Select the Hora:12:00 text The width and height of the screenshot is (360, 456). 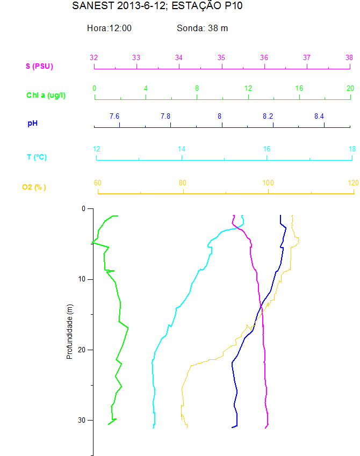pyautogui.click(x=109, y=28)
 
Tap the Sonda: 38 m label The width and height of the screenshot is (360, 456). pyautogui.click(x=202, y=28)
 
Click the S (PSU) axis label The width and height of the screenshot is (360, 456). pyautogui.click(x=39, y=67)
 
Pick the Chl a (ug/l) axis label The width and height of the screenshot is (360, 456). pyautogui.click(x=46, y=95)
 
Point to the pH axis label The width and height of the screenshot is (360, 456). pyautogui.click(x=33, y=124)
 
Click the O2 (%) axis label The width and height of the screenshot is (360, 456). pyautogui.click(x=34, y=187)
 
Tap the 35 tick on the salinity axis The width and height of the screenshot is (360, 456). pyautogui.click(x=221, y=57)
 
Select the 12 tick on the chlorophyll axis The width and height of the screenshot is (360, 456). pyautogui.click(x=248, y=88)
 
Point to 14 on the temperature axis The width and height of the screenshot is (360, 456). pyautogui.click(x=182, y=149)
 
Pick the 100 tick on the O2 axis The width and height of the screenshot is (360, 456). pyautogui.click(x=268, y=183)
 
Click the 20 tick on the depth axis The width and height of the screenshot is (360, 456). pyautogui.click(x=82, y=350)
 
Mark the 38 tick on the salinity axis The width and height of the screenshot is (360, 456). pyautogui.click(x=349, y=57)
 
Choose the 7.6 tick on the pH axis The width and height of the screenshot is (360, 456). pyautogui.click(x=114, y=116)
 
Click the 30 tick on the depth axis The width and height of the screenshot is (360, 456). pyautogui.click(x=82, y=420)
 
